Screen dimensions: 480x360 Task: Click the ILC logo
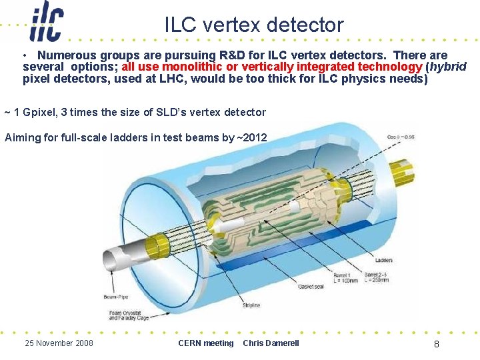click(x=47, y=22)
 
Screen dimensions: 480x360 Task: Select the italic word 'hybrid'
click(x=450, y=67)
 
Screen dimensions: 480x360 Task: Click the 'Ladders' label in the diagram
click(x=383, y=261)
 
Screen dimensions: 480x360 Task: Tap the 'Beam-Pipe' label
click(x=115, y=297)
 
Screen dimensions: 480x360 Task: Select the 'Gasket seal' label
click(x=311, y=286)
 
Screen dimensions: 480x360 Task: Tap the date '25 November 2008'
click(x=59, y=343)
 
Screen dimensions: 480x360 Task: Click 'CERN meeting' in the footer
click(x=206, y=343)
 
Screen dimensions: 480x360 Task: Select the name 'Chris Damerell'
click(x=271, y=343)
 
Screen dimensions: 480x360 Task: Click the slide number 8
click(x=436, y=344)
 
